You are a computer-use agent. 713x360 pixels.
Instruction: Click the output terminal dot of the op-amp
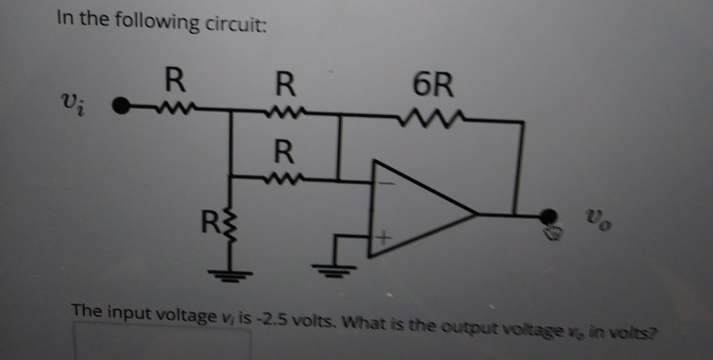pos(548,217)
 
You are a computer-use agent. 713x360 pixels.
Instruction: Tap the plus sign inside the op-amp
pos(385,239)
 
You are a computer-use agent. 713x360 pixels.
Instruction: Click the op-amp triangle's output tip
pos(477,215)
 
